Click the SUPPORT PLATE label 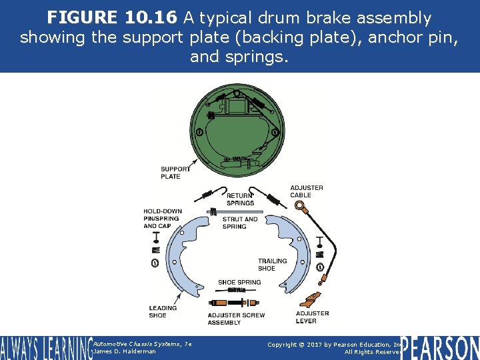pyautogui.click(x=175, y=173)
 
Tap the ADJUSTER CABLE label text pyautogui.click(x=307, y=191)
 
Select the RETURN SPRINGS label pyautogui.click(x=240, y=199)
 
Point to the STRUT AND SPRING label pyautogui.click(x=240, y=223)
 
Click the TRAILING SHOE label pyautogui.click(x=273, y=265)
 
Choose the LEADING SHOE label pyautogui.click(x=163, y=311)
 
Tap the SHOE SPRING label pyautogui.click(x=239, y=282)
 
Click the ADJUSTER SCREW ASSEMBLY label pyautogui.click(x=236, y=319)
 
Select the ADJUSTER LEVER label pyautogui.click(x=312, y=317)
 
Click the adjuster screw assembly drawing pyautogui.click(x=234, y=303)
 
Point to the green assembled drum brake pyautogui.click(x=237, y=131)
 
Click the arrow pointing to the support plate pyautogui.click(x=193, y=164)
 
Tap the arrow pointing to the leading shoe pyautogui.click(x=178, y=297)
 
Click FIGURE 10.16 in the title pyautogui.click(x=112, y=17)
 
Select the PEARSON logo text pyautogui.click(x=440, y=348)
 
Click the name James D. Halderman pyautogui.click(x=125, y=351)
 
